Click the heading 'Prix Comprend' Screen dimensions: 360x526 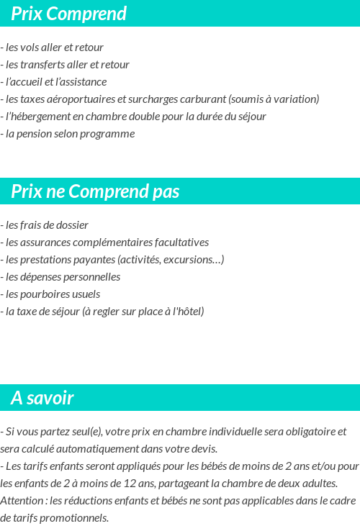click(x=68, y=14)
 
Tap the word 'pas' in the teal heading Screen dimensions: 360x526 click(x=166, y=191)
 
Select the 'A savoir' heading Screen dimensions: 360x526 click(x=42, y=398)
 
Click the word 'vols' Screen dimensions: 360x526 click(x=28, y=47)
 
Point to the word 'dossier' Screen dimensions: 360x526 click(x=72, y=225)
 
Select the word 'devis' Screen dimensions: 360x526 click(x=204, y=449)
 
